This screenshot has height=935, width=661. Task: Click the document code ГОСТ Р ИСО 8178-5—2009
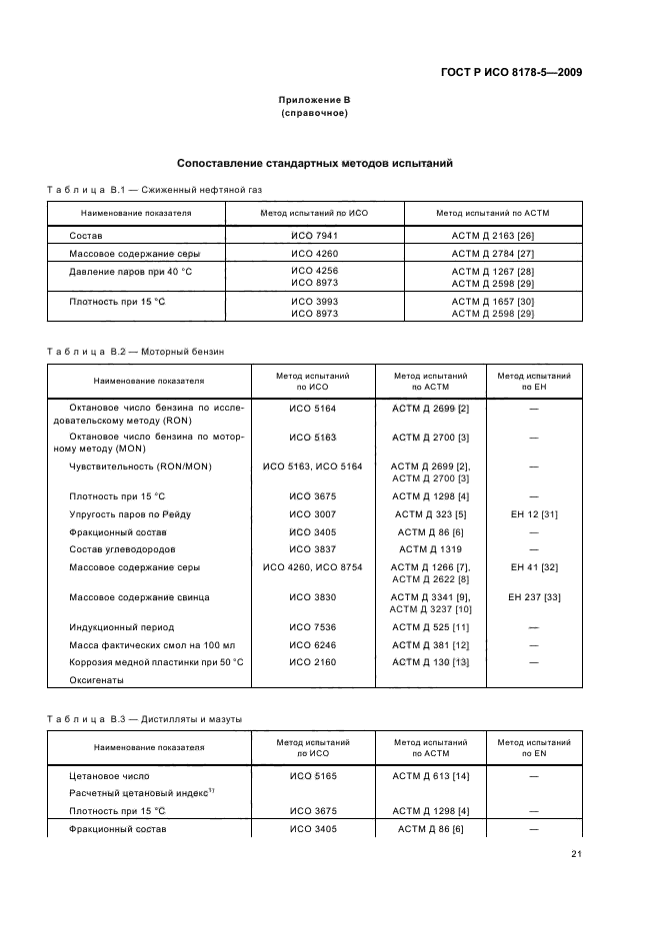point(514,72)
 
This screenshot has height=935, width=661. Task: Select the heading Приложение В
point(314,101)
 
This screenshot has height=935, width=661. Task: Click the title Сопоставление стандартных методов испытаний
point(315,163)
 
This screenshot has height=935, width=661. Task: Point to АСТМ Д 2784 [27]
point(492,255)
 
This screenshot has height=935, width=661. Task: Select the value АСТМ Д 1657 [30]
point(492,301)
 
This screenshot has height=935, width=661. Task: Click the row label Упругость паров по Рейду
point(129,514)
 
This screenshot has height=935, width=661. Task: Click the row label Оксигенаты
point(96,680)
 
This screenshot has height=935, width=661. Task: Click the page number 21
point(576,854)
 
